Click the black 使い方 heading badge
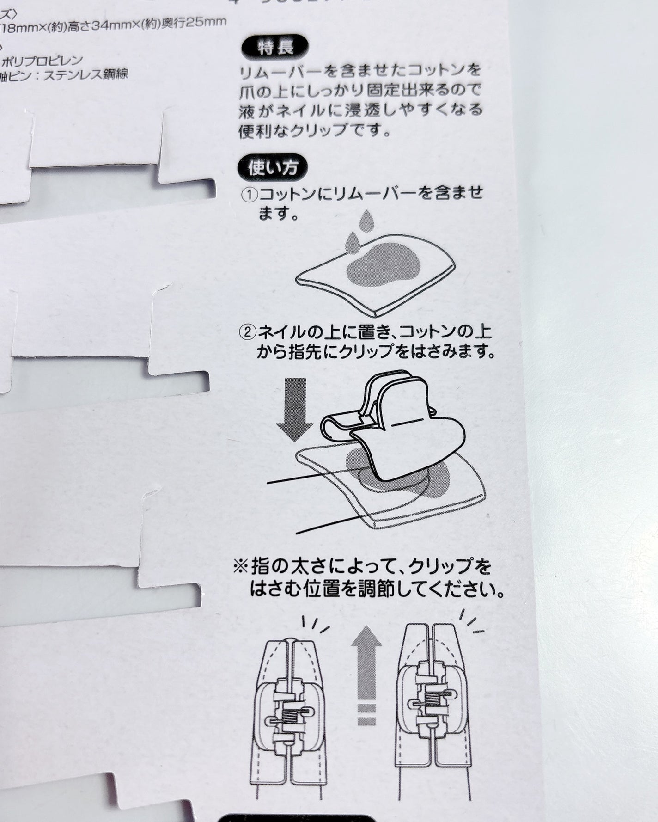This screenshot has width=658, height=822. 273,168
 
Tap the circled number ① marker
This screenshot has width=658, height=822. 249,194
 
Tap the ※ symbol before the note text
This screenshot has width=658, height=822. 241,567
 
